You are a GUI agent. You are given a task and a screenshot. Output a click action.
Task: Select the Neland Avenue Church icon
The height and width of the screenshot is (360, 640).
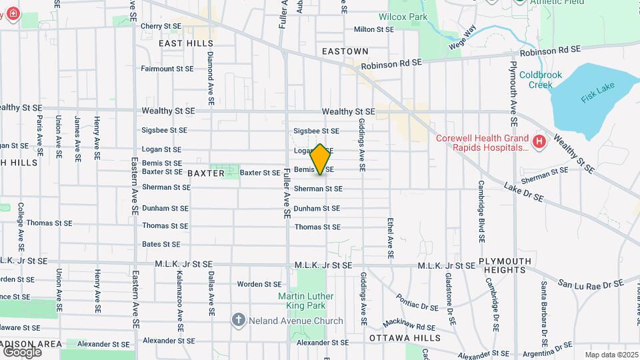click(x=239, y=321)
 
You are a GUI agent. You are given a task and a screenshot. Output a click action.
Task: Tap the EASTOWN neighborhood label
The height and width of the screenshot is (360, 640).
click(x=345, y=51)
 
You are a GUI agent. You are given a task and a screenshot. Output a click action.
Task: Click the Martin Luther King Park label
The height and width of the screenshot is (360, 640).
click(x=302, y=301)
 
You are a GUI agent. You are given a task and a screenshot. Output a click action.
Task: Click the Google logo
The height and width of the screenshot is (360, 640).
click(x=22, y=351)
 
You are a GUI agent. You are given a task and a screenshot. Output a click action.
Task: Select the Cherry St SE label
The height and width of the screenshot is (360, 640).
click(x=161, y=26)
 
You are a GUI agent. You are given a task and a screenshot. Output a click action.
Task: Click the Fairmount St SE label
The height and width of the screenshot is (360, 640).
click(x=167, y=69)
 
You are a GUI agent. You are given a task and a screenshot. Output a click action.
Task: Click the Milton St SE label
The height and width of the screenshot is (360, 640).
click(x=374, y=29)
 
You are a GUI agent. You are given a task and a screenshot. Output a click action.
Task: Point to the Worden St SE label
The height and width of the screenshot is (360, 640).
click(x=259, y=284)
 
